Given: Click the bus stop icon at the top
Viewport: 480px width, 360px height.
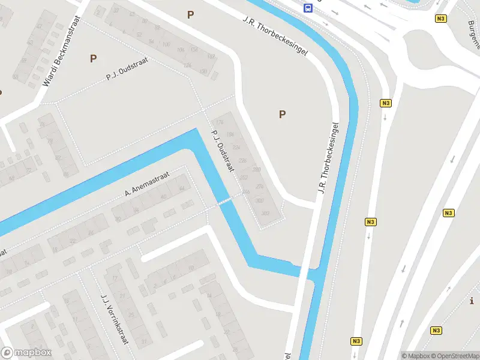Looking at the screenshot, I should [x=308, y=8].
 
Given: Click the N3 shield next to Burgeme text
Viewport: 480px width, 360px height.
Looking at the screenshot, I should [x=442, y=19].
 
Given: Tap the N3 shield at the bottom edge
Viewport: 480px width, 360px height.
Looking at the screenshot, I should [x=356, y=341].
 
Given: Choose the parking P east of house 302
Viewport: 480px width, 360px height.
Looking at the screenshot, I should [x=282, y=114].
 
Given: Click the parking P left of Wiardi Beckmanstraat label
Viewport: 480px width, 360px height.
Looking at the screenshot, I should [x=93, y=58].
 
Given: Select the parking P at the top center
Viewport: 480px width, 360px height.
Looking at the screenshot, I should [x=191, y=15].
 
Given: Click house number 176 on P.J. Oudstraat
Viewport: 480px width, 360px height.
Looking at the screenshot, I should [x=219, y=122].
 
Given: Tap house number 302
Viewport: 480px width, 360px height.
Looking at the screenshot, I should [x=260, y=200].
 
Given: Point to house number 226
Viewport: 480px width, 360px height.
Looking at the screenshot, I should [x=243, y=161].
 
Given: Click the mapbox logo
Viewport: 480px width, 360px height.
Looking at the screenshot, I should [x=26, y=353].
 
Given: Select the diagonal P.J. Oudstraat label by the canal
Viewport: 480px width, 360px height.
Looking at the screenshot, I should [x=221, y=152].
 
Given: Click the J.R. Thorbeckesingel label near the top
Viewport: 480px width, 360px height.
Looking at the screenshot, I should [x=275, y=35].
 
